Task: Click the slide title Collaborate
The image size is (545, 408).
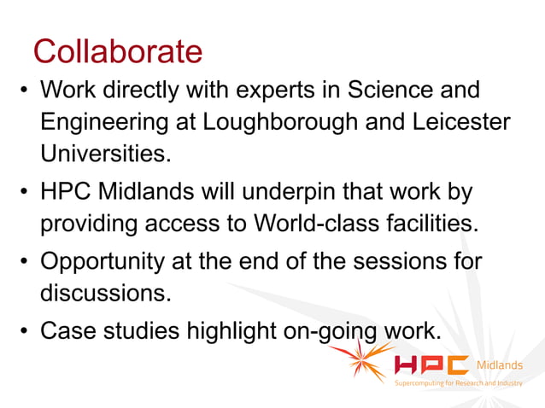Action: point(118,53)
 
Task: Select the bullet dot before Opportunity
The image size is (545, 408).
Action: point(25,260)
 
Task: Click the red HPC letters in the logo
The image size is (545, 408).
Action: point(431,365)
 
